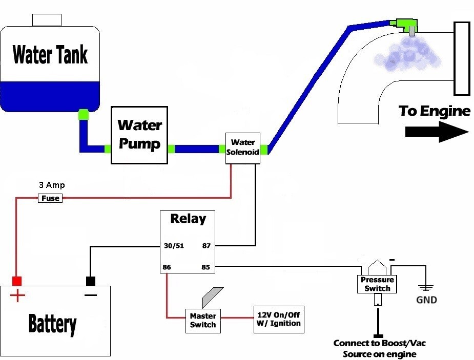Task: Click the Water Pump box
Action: tap(139, 135)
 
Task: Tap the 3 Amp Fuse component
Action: tap(50, 198)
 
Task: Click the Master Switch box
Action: tap(203, 321)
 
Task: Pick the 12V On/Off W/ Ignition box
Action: tap(278, 320)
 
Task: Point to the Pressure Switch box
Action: tap(377, 284)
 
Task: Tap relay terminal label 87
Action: tap(207, 246)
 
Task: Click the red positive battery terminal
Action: tap(17, 281)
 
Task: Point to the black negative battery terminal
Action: tap(91, 281)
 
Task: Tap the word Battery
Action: tap(52, 324)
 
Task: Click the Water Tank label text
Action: tap(50, 54)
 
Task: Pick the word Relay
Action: tap(188, 219)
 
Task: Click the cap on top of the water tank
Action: tap(47, 20)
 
